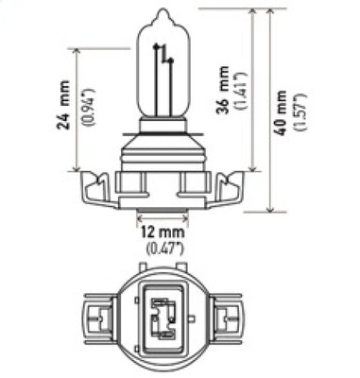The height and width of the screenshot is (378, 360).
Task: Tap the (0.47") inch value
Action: pos(160,250)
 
